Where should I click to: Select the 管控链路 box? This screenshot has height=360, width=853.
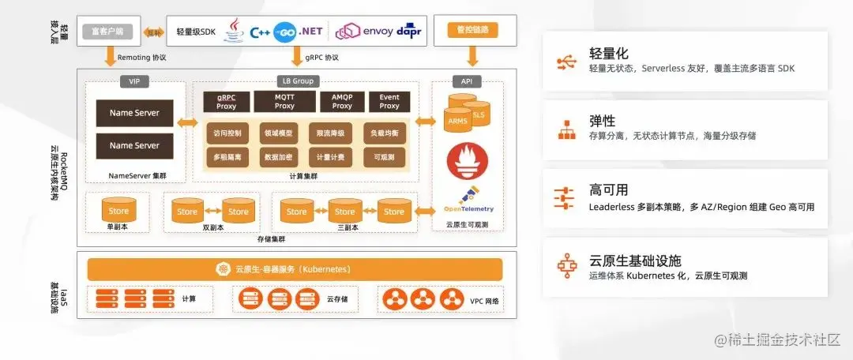pyautogui.click(x=472, y=30)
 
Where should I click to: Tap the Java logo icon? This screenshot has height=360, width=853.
pyautogui.click(x=235, y=31)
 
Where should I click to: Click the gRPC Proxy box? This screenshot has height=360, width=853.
pyautogui.click(x=227, y=101)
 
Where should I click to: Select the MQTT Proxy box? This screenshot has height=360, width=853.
pyautogui.click(x=284, y=101)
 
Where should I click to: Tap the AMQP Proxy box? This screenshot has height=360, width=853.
pyautogui.click(x=342, y=101)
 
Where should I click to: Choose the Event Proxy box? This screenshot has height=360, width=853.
pyautogui.click(x=389, y=101)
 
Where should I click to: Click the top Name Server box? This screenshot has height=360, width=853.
pyautogui.click(x=134, y=113)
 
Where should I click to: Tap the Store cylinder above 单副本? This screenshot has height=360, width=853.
pyautogui.click(x=118, y=211)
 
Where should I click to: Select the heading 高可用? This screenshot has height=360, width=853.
pyautogui.click(x=608, y=190)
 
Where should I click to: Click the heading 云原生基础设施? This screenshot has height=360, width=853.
pyautogui.click(x=635, y=261)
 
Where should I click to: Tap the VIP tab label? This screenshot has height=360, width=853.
pyautogui.click(x=133, y=81)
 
